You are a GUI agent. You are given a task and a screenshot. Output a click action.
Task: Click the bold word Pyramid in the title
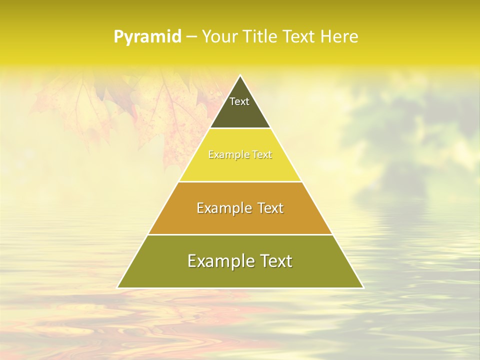[147, 37]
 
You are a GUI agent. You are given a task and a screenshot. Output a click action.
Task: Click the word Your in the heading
[218, 36]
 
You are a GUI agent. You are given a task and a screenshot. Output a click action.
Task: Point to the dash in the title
[191, 37]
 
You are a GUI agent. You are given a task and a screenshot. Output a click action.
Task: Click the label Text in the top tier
[239, 101]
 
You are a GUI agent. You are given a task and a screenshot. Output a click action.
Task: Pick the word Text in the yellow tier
[262, 155]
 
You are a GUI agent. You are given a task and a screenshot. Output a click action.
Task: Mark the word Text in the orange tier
[269, 208]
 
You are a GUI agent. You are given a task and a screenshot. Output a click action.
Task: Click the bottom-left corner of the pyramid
[118, 287]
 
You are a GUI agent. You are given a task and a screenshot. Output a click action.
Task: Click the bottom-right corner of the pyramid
[363, 287]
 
